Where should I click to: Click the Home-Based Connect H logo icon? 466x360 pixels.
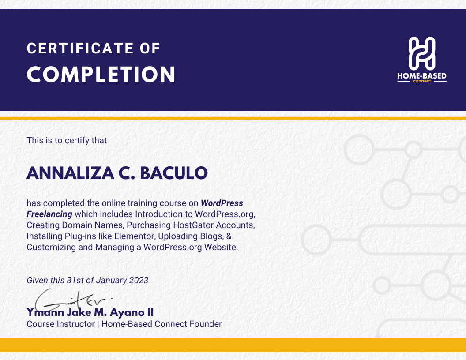(422, 53)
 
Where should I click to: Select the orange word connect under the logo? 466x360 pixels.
(422, 81)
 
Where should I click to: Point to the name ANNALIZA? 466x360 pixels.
(71, 173)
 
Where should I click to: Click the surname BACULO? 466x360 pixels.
(174, 173)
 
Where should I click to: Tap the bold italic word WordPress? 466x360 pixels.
(222, 203)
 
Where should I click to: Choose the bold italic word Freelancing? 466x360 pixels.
(49, 214)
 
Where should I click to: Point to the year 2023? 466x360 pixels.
(139, 281)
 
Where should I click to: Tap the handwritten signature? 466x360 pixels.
(71, 300)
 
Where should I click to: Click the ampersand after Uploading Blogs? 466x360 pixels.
(229, 236)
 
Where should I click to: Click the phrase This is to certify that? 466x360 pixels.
(67, 140)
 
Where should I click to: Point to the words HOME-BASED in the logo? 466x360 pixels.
(422, 76)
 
